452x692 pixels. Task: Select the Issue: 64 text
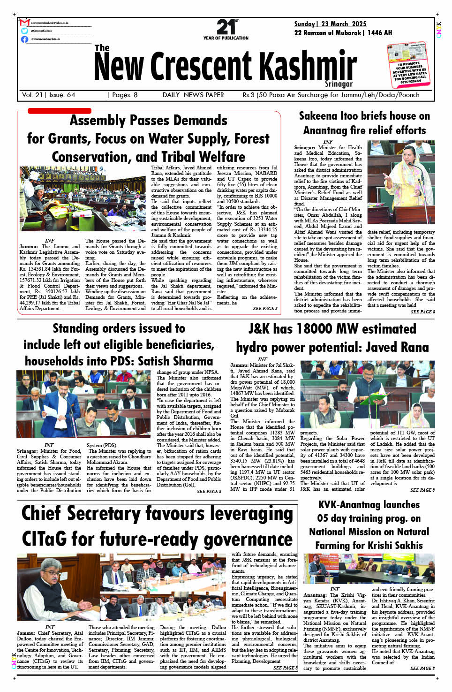tap(62, 95)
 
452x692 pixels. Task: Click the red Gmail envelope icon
tap(25, 23)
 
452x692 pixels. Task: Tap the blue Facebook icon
tap(24, 39)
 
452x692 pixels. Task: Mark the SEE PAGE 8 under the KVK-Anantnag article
tap(422, 668)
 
